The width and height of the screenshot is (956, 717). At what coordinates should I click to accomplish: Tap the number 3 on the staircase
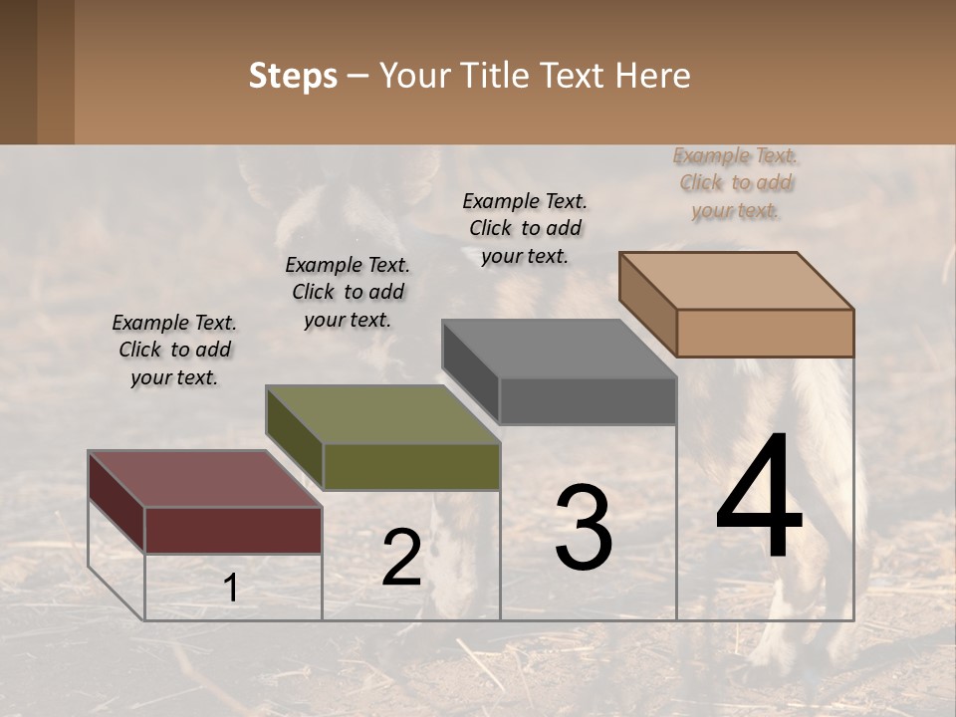pyautogui.click(x=583, y=528)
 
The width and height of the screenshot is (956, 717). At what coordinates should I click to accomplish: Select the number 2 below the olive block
pyautogui.click(x=401, y=558)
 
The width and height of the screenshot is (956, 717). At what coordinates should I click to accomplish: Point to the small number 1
pyautogui.click(x=230, y=589)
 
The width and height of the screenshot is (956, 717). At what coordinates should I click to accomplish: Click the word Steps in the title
pyautogui.click(x=293, y=76)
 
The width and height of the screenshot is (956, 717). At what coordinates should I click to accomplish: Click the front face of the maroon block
pyautogui.click(x=233, y=530)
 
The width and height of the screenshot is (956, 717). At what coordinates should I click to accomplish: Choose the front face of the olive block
pyautogui.click(x=411, y=466)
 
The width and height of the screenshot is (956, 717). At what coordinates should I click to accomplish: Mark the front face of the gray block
pyautogui.click(x=588, y=400)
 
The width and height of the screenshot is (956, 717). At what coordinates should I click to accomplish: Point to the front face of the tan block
pyautogui.click(x=765, y=333)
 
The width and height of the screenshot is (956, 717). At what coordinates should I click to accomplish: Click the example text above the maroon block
pyautogui.click(x=174, y=350)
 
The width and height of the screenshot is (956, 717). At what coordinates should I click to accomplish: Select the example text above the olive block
pyautogui.click(x=348, y=292)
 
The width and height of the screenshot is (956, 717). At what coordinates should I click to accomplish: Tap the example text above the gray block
pyautogui.click(x=525, y=228)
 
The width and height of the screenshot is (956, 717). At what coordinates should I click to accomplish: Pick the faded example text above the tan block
pyautogui.click(x=736, y=182)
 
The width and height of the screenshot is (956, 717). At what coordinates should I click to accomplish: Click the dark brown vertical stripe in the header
pyautogui.click(x=55, y=72)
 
